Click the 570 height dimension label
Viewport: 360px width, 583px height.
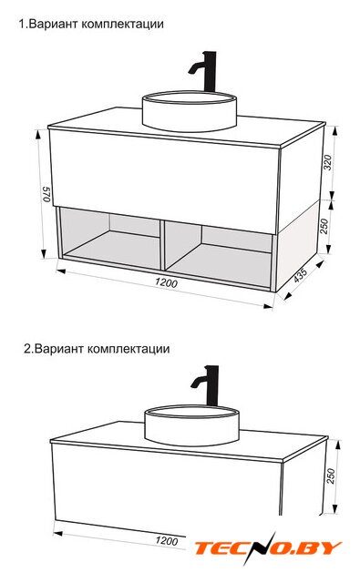[46, 194]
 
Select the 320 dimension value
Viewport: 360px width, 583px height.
[327, 162]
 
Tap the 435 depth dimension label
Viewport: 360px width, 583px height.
[300, 275]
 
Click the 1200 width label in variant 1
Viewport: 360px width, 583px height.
[166, 283]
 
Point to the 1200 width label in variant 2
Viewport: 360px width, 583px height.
[166, 540]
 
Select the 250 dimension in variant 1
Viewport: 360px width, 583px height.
[324, 226]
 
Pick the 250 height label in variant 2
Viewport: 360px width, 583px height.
[331, 476]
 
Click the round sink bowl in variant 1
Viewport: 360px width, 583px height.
[190, 111]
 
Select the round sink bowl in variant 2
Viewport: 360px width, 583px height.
[191, 425]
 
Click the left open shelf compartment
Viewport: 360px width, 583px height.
[110, 238]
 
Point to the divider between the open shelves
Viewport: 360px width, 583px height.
[163, 244]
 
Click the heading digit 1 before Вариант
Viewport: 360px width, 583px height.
[22, 25]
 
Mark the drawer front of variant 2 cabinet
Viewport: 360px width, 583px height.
[167, 489]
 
